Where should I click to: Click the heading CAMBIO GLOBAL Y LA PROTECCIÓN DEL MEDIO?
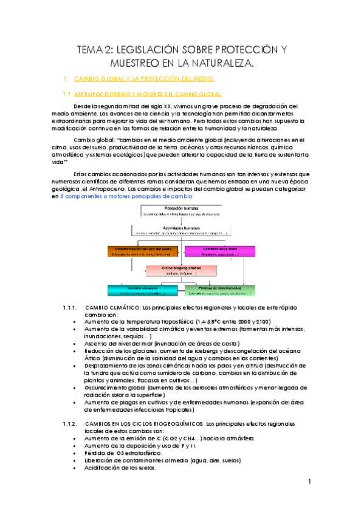(143, 80)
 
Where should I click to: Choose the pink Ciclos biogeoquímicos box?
(181, 270)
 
